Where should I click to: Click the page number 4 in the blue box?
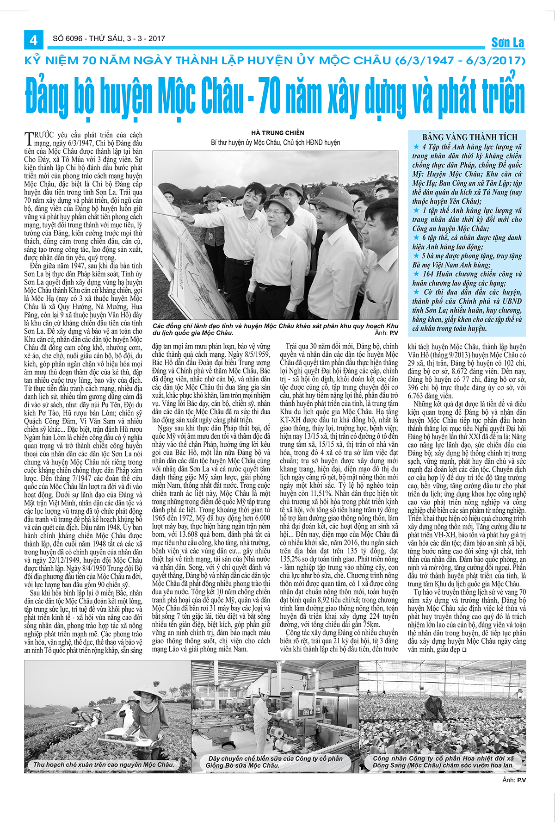click(x=33, y=40)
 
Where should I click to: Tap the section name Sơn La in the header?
click(x=507, y=43)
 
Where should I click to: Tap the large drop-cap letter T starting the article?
click(x=28, y=138)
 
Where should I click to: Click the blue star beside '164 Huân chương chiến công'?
click(x=416, y=274)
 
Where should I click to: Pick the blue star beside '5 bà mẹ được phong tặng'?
click(x=416, y=256)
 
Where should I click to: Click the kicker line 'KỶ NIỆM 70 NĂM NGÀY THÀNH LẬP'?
click(x=275, y=61)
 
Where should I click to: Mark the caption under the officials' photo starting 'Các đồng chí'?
click(x=275, y=329)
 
